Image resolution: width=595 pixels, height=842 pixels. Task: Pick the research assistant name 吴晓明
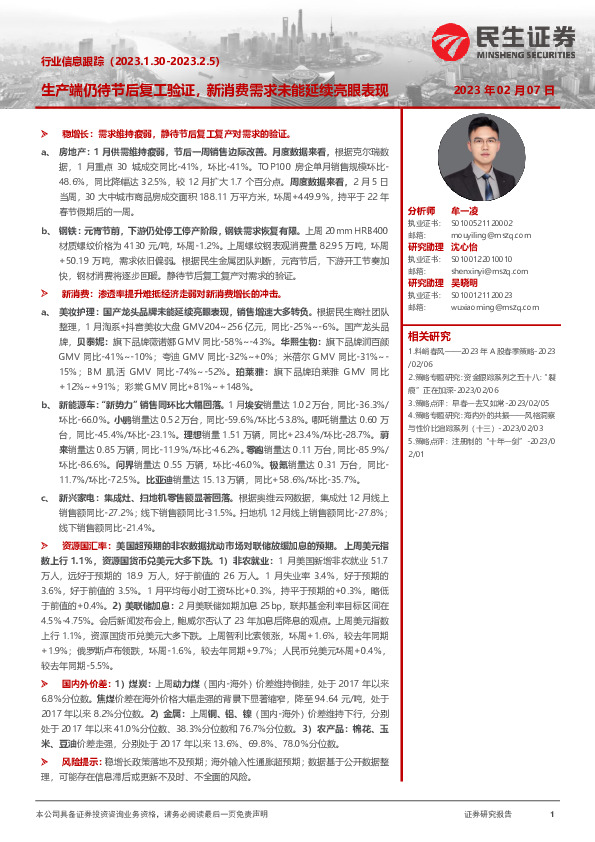pos(467,282)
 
